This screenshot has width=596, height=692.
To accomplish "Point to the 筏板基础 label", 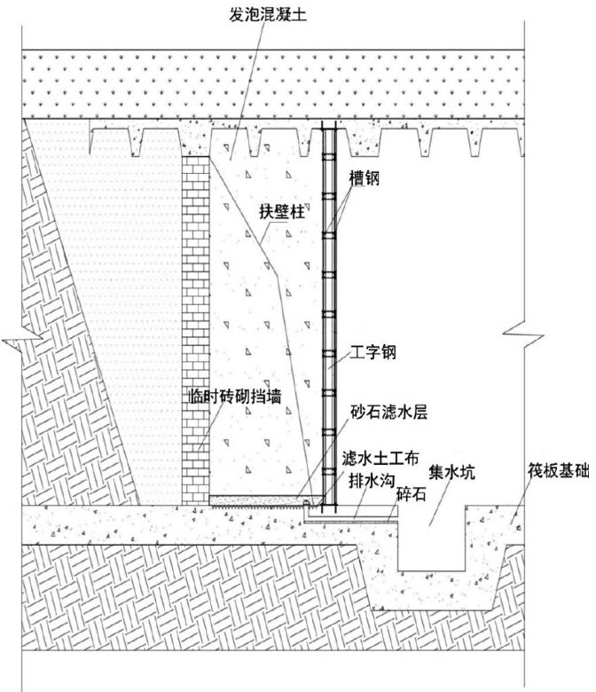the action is pyautogui.click(x=554, y=473).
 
